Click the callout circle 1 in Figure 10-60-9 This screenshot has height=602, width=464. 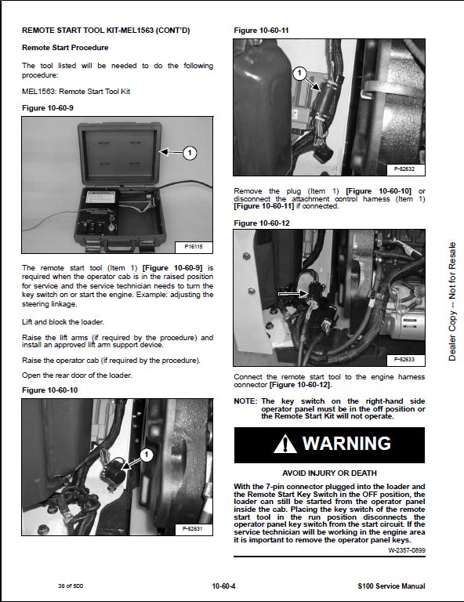click(189, 153)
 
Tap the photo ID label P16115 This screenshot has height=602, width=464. click(194, 246)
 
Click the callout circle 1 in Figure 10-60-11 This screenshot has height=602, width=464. click(299, 73)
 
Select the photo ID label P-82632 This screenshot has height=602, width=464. click(405, 169)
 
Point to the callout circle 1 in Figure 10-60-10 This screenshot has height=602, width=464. click(147, 455)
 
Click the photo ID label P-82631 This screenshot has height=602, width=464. click(193, 529)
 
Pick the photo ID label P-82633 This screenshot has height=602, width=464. click(405, 360)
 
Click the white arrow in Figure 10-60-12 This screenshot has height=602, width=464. click(293, 294)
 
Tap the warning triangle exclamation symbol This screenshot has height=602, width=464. click(285, 444)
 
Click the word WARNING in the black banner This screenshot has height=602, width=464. click(346, 444)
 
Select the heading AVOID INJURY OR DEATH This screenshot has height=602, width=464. click(329, 473)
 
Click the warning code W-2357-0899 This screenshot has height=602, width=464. click(407, 550)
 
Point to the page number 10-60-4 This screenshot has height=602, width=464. click(223, 586)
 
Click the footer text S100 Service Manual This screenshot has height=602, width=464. click(391, 586)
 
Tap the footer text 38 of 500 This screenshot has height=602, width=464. click(71, 586)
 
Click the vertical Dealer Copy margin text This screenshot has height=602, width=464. click(452, 301)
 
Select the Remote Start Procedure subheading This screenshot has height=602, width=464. click(65, 48)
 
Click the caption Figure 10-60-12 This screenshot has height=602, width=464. click(261, 223)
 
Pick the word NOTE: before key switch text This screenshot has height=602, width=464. click(245, 401)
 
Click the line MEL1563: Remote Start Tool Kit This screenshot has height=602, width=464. click(76, 92)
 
